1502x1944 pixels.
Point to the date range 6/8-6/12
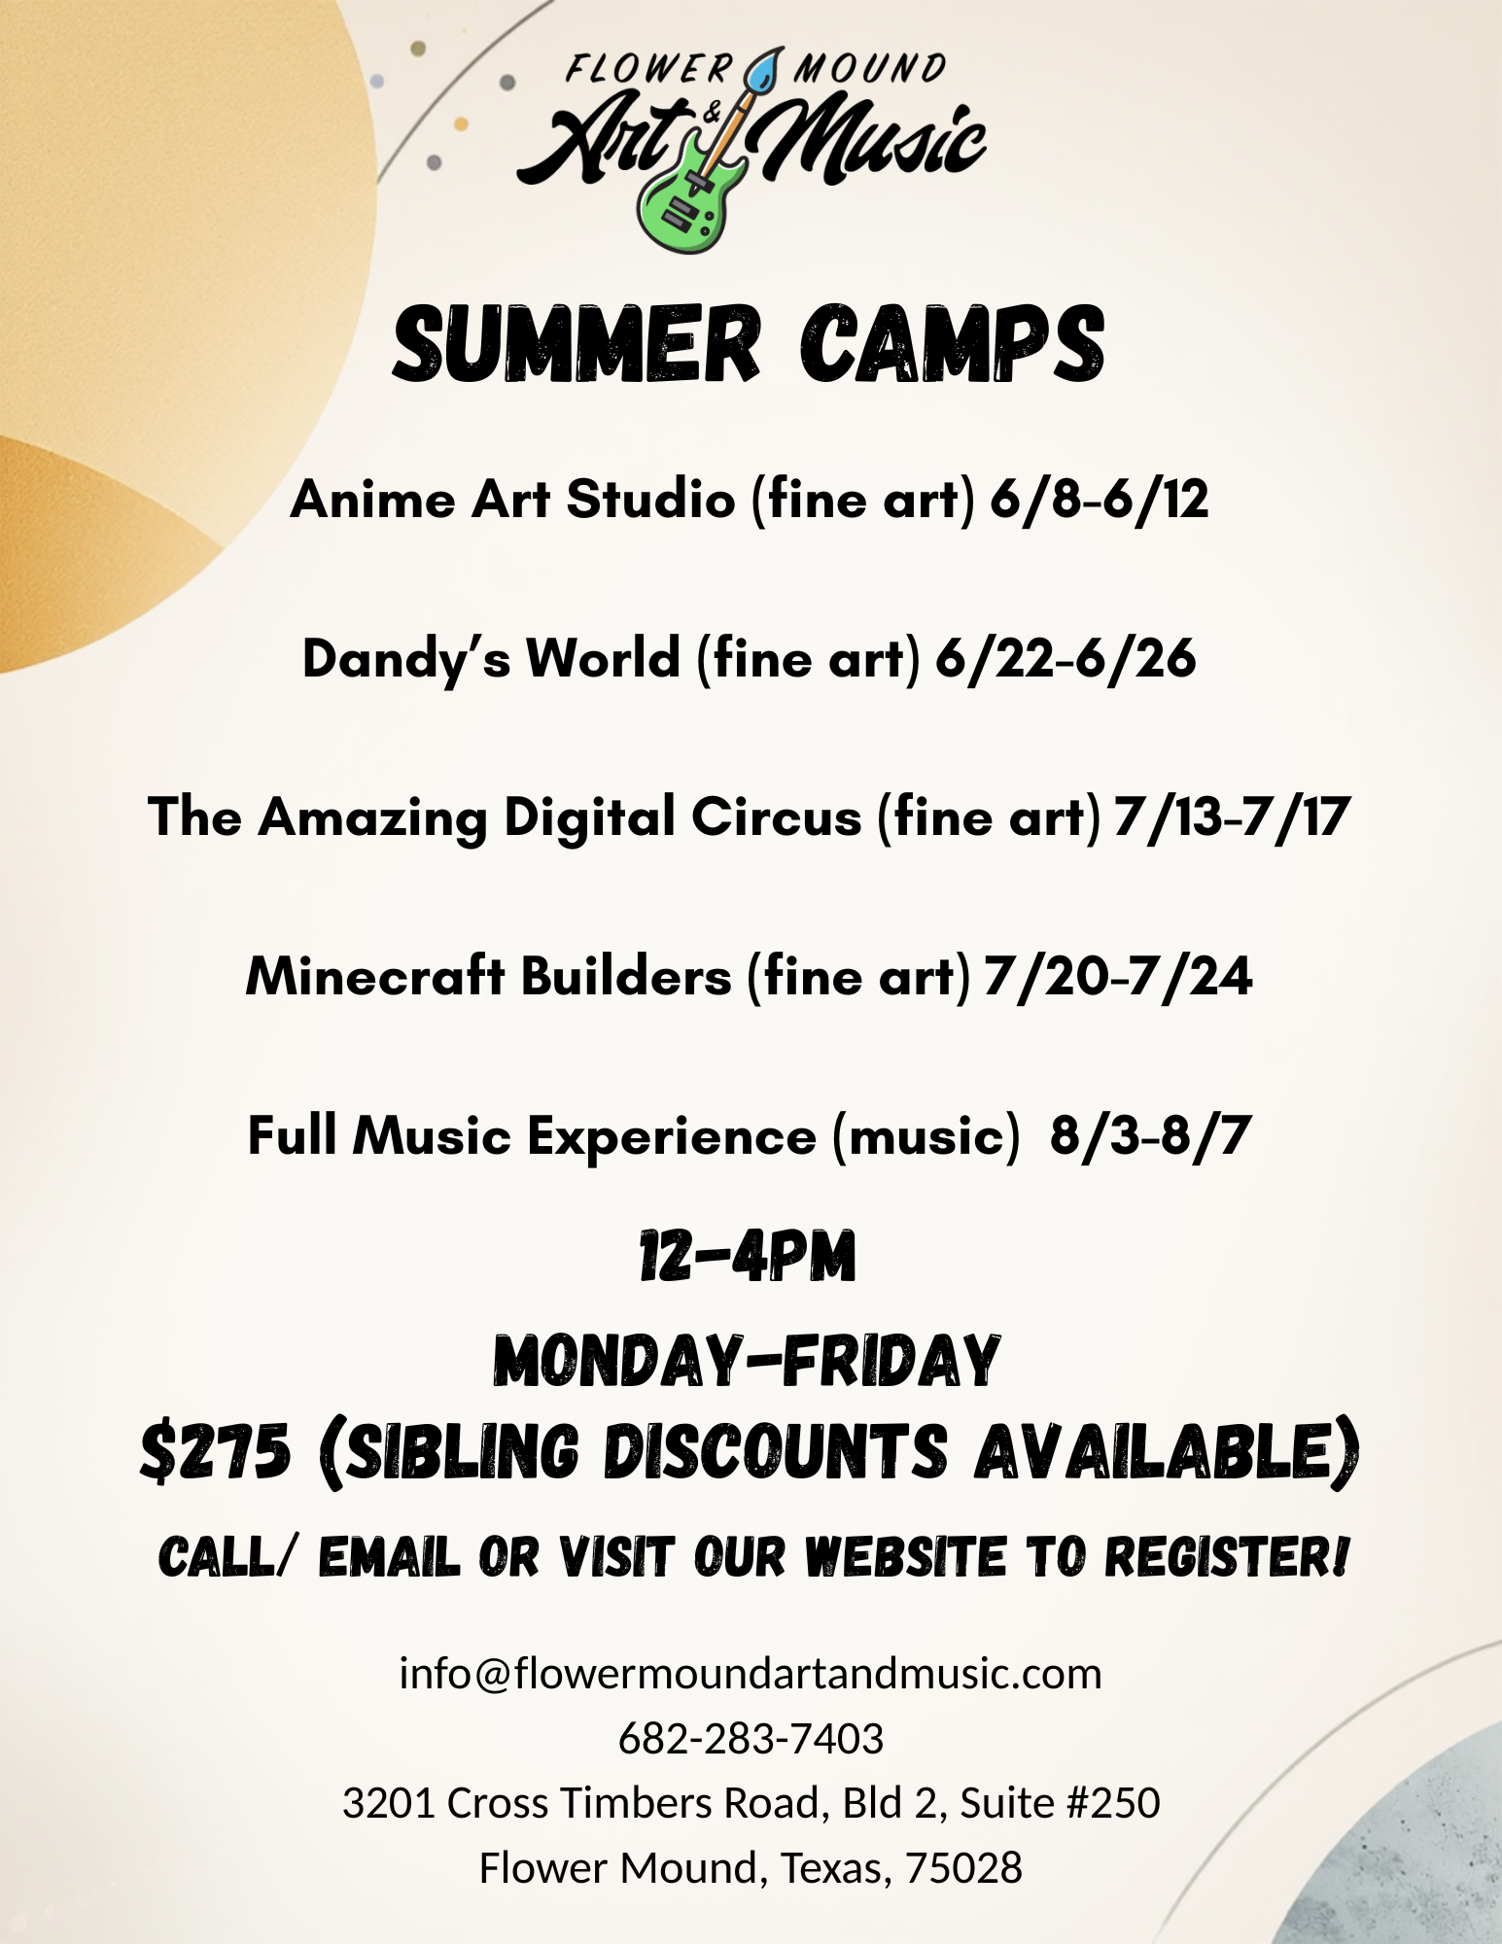click(1100, 500)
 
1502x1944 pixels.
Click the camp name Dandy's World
click(491, 659)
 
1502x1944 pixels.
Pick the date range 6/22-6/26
click(1065, 659)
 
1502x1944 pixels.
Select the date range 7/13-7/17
click(1233, 816)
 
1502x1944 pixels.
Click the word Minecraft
click(375, 976)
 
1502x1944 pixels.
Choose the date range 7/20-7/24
click(1118, 976)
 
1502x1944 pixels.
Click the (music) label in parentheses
click(926, 1135)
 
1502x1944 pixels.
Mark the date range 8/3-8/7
click(1150, 1135)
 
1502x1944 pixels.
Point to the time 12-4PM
click(748, 1257)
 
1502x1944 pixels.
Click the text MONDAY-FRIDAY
click(747, 1360)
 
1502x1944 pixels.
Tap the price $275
click(215, 1453)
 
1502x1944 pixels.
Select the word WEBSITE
click(907, 1557)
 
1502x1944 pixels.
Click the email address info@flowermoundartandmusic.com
click(751, 1674)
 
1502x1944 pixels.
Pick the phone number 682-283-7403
click(751, 1738)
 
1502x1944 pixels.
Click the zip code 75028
click(964, 1867)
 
